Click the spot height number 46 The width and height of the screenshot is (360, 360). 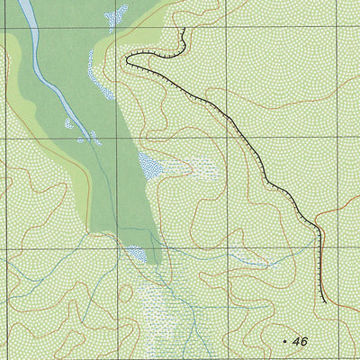pos(301,341)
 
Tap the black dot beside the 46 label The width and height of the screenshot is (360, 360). pos(284,342)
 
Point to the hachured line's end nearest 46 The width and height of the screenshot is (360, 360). pos(324,302)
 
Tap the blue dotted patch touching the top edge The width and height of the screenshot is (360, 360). pos(114,16)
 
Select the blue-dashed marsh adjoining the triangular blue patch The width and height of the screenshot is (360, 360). pos(193,167)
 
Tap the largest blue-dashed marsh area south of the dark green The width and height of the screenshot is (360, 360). pos(166,310)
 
